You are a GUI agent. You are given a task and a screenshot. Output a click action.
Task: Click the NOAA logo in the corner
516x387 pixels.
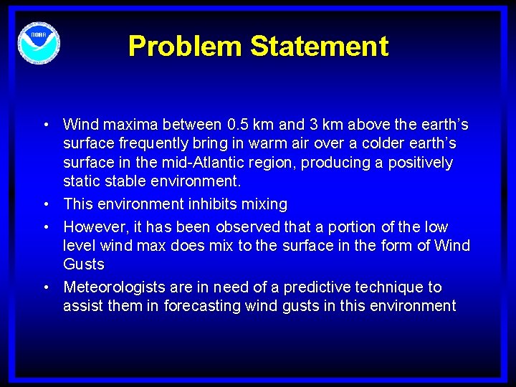point(39,42)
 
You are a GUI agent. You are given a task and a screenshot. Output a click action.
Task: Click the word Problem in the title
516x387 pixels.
point(185,47)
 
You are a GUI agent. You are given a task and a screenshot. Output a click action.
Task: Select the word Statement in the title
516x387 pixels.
point(320,47)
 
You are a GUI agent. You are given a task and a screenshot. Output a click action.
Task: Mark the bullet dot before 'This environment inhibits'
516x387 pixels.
point(45,204)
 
